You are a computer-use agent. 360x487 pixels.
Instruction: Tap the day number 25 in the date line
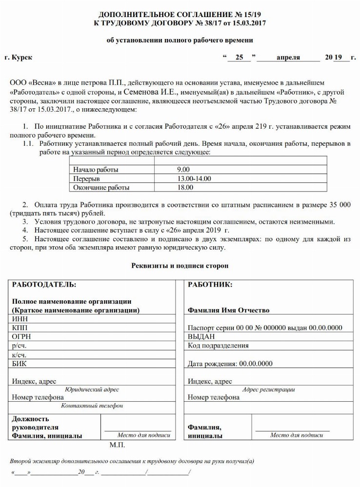239,58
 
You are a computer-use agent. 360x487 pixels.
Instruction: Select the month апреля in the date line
288,58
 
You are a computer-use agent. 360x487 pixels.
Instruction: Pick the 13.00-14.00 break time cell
194,178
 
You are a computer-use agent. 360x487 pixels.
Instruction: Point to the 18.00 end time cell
185,187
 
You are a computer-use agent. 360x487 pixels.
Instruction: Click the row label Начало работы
96,170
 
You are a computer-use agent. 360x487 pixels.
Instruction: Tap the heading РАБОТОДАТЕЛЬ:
44,284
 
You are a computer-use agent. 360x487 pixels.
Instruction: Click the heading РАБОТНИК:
210,284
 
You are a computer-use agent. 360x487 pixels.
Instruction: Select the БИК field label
20,363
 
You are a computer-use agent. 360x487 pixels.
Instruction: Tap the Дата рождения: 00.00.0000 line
230,364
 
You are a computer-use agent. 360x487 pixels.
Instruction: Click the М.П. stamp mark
117,445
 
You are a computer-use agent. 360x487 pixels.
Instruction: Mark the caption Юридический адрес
92,390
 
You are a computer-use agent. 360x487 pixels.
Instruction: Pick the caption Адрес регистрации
268,390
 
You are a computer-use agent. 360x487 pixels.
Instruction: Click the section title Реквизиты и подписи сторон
180,266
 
